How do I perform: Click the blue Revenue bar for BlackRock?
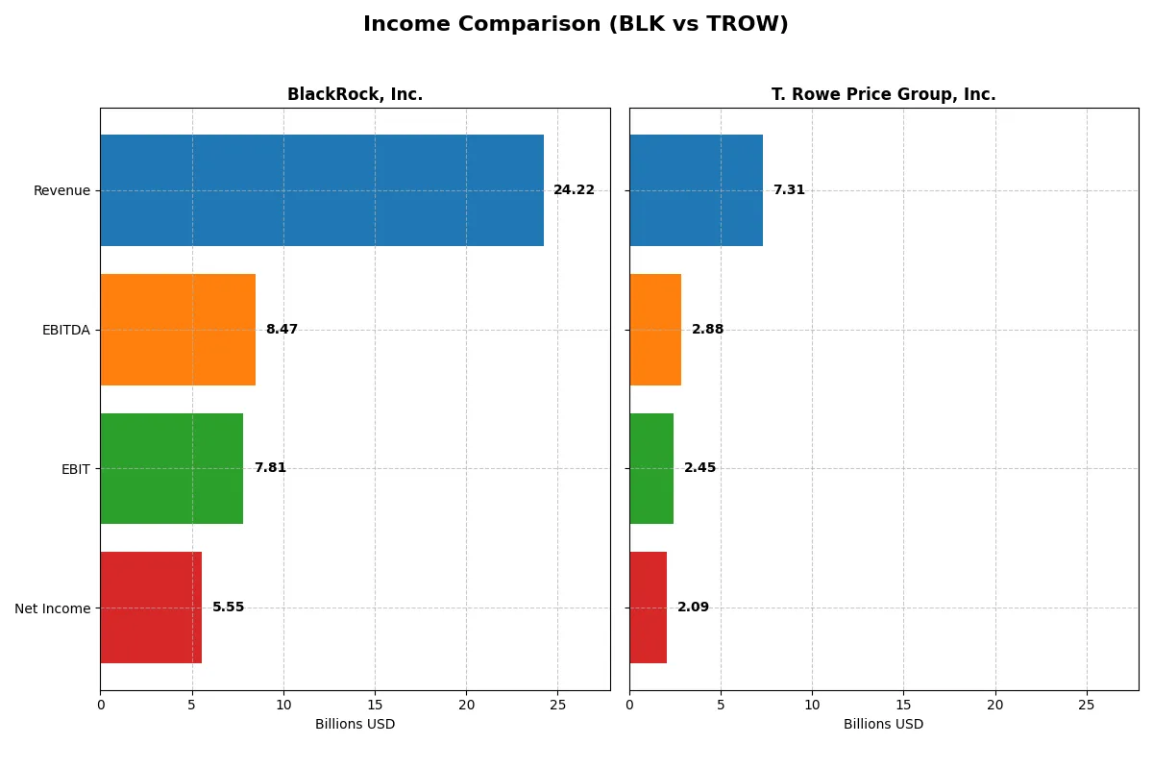click(x=322, y=190)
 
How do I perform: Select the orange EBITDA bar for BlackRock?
click(x=178, y=330)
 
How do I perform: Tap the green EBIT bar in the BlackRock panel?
click(x=171, y=468)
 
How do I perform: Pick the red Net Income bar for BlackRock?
click(x=151, y=608)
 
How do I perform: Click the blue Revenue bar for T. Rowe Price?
click(x=696, y=190)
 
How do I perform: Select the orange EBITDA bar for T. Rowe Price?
click(x=655, y=330)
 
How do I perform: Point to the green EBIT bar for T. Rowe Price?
click(x=651, y=468)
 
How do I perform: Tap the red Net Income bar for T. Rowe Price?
click(x=649, y=608)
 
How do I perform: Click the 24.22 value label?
click(x=574, y=190)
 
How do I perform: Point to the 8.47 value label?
click(x=282, y=330)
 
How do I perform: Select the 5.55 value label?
click(x=228, y=608)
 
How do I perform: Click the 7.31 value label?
click(x=789, y=190)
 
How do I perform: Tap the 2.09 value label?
click(x=693, y=608)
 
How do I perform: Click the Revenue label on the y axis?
click(x=61, y=190)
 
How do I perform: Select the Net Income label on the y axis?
click(x=53, y=608)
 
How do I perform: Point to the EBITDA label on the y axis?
click(x=65, y=330)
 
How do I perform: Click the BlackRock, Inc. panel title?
click(x=355, y=94)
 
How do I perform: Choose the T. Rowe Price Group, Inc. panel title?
click(x=883, y=94)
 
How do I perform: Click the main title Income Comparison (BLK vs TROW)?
click(x=576, y=25)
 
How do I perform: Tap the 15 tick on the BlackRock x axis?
click(x=375, y=706)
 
